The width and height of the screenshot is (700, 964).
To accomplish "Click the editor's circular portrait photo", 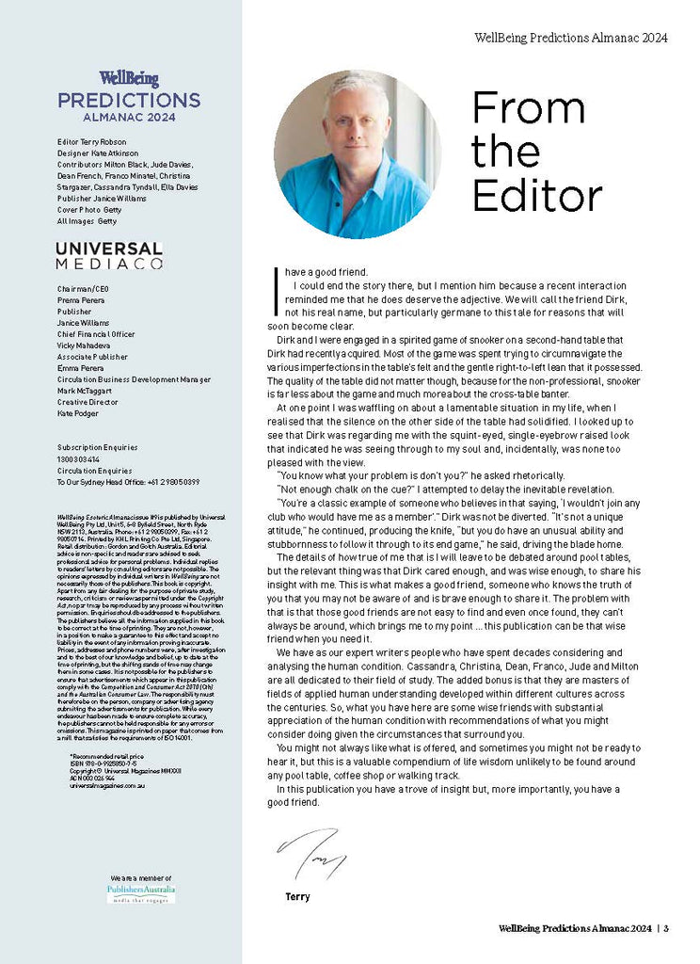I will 352,153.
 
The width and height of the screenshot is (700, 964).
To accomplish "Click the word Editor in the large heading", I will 536,195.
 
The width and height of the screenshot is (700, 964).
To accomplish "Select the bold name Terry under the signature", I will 297,896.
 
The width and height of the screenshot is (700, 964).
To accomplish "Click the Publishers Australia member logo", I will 141,892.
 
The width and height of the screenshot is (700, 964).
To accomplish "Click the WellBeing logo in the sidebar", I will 129,79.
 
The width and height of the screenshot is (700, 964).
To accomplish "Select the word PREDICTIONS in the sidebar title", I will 129,101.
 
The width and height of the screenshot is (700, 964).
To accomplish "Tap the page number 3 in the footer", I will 666,929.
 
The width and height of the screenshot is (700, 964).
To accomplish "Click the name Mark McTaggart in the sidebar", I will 87,391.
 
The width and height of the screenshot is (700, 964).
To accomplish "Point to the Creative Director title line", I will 87,402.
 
